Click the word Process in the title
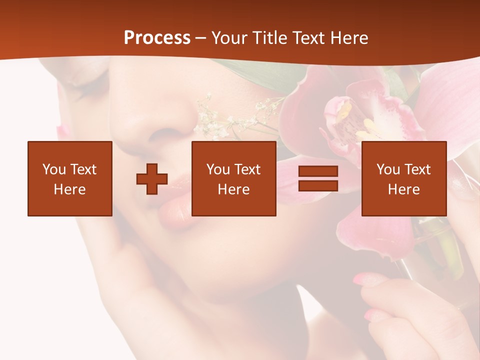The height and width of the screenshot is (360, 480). click(157, 38)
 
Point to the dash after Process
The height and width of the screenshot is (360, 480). click(201, 38)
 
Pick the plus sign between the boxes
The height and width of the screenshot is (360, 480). click(152, 179)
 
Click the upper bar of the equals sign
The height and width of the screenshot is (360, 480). click(318, 171)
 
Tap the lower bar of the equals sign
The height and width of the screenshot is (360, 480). click(318, 185)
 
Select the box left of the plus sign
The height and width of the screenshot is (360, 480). click(69, 178)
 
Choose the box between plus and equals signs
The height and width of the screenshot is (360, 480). click(233, 178)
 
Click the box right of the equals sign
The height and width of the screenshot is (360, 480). click(403, 178)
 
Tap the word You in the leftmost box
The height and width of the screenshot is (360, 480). click(54, 169)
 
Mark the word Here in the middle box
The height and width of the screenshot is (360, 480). click(233, 189)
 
